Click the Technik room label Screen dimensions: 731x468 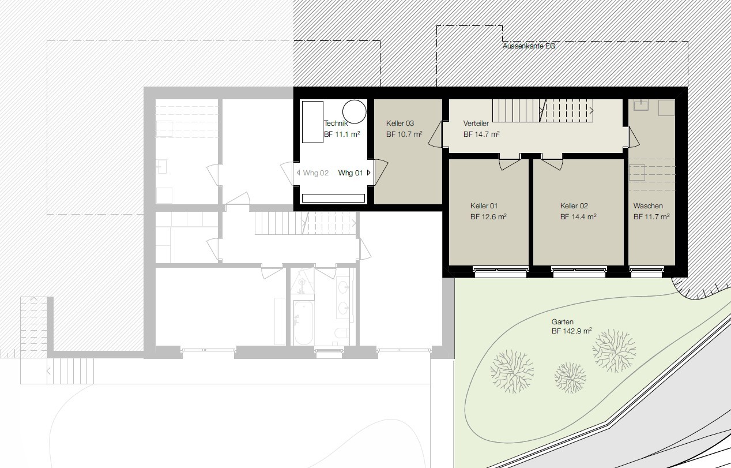[336, 123]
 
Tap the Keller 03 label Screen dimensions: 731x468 [400, 123]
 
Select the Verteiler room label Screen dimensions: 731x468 [476, 123]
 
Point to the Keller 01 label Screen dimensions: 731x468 [484, 206]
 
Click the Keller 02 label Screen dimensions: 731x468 [574, 206]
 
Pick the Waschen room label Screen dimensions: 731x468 [648, 206]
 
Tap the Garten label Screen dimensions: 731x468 [562, 321]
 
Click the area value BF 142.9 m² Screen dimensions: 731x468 [571, 331]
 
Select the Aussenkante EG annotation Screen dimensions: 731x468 [529, 46]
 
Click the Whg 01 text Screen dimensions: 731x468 [350, 173]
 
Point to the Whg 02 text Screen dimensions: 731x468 [315, 173]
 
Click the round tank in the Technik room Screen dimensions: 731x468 [355, 111]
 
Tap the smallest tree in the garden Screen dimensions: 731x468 [570, 377]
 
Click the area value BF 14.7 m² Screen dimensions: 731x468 [481, 134]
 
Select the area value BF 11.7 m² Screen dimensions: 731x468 [651, 216]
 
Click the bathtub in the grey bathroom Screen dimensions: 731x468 [303, 323]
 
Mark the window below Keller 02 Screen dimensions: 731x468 [579, 271]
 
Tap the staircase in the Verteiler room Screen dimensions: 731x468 [542, 111]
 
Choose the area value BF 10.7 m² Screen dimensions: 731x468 [404, 134]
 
